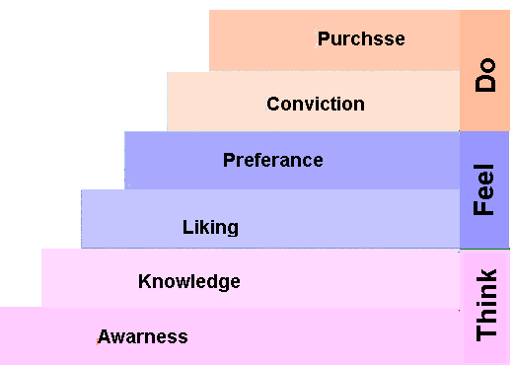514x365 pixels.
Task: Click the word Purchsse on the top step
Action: (361, 39)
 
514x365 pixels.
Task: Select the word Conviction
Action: (316, 104)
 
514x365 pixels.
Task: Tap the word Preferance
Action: (273, 160)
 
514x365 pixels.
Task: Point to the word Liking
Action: (210, 227)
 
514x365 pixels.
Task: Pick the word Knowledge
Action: (189, 281)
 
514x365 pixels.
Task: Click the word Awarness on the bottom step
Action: (142, 336)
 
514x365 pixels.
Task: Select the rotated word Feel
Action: (484, 188)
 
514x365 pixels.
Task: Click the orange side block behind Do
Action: (484, 30)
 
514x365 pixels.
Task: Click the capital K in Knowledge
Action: (144, 281)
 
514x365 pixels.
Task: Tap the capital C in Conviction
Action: (273, 104)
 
